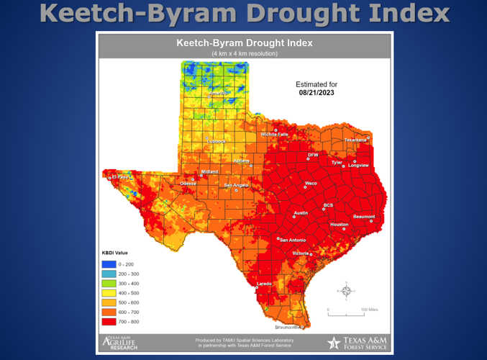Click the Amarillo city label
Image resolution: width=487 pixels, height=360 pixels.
point(217,93)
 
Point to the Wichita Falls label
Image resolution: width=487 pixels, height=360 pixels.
point(274,134)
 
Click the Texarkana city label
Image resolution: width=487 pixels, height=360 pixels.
point(356,140)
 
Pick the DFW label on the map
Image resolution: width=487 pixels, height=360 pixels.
point(312,155)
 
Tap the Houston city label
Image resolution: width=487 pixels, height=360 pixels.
point(339,225)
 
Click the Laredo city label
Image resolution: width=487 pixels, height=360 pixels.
point(265,284)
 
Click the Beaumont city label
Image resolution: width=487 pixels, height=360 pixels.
point(364,217)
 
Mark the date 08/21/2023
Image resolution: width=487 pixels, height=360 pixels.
point(316,93)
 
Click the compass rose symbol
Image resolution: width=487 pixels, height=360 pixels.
point(346,290)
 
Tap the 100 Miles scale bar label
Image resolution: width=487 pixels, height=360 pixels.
point(368,310)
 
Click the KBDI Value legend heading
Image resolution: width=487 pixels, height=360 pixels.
point(115,253)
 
